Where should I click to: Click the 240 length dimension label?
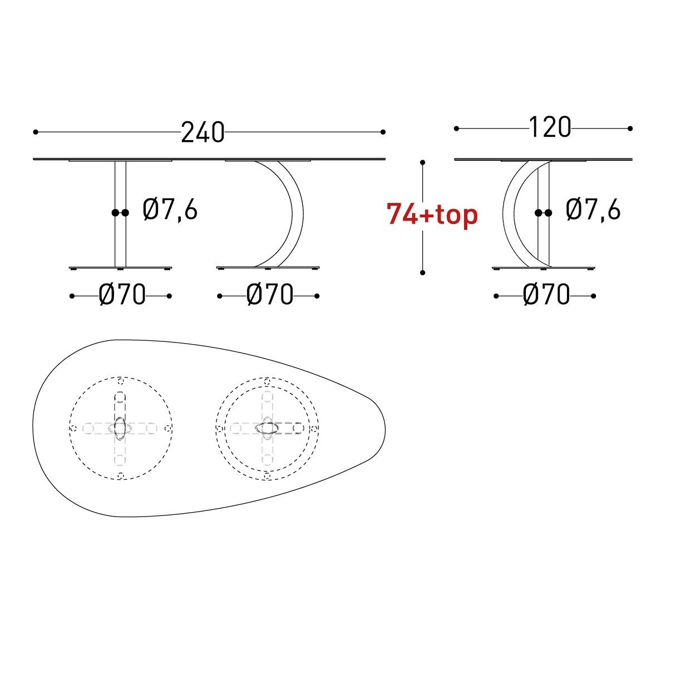pyautogui.click(x=203, y=133)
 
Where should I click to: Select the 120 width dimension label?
pyautogui.click(x=549, y=127)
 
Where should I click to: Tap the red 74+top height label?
pyautogui.click(x=432, y=215)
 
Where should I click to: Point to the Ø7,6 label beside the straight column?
pyautogui.click(x=170, y=210)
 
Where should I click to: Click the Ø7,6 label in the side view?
pyautogui.click(x=593, y=210)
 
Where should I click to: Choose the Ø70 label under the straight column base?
pyautogui.click(x=122, y=295)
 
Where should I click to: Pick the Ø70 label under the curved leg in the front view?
pyautogui.click(x=269, y=295)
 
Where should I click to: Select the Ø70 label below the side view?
pyautogui.click(x=546, y=295)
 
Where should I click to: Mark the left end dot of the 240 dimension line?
pyautogui.click(x=36, y=132)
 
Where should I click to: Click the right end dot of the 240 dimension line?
pyautogui.click(x=383, y=132)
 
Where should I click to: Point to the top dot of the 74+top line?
pyautogui.click(x=423, y=162)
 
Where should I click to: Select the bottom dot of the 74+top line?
pyautogui.click(x=423, y=272)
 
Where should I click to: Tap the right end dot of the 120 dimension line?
pyautogui.click(x=630, y=128)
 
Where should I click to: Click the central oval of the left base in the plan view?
pyautogui.click(x=121, y=428)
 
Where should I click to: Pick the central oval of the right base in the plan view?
pyautogui.click(x=268, y=428)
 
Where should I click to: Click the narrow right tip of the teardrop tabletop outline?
pyautogui.click(x=384, y=428)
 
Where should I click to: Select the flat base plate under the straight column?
pyautogui.click(x=120, y=268)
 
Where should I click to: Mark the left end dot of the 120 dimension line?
pyautogui.click(x=456, y=128)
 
